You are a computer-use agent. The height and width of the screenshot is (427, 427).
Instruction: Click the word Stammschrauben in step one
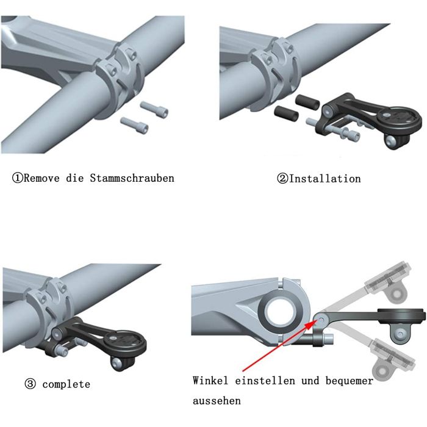(132, 178)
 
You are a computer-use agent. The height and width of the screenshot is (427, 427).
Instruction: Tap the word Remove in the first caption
(41, 178)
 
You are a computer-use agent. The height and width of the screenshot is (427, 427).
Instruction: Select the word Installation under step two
(325, 179)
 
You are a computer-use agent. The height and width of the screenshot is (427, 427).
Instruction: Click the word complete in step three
(66, 384)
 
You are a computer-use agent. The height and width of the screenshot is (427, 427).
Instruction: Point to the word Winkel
(210, 380)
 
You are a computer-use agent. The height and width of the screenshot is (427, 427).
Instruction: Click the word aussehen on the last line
(217, 401)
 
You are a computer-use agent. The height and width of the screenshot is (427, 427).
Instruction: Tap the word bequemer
(350, 381)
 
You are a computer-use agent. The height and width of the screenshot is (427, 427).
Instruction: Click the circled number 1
(18, 178)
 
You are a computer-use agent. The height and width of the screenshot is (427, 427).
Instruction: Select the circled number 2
(282, 179)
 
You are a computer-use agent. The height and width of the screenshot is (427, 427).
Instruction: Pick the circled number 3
(30, 384)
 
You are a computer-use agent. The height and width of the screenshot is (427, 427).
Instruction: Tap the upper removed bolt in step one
(154, 109)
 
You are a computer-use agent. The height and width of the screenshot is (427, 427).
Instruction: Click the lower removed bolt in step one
(135, 125)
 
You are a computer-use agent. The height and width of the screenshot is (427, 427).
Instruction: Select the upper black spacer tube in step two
(307, 102)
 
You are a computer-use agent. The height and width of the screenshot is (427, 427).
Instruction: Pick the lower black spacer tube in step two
(286, 113)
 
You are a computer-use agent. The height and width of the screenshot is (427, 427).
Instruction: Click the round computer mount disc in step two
(400, 121)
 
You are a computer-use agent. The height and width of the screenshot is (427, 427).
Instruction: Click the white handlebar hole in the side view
(281, 312)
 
